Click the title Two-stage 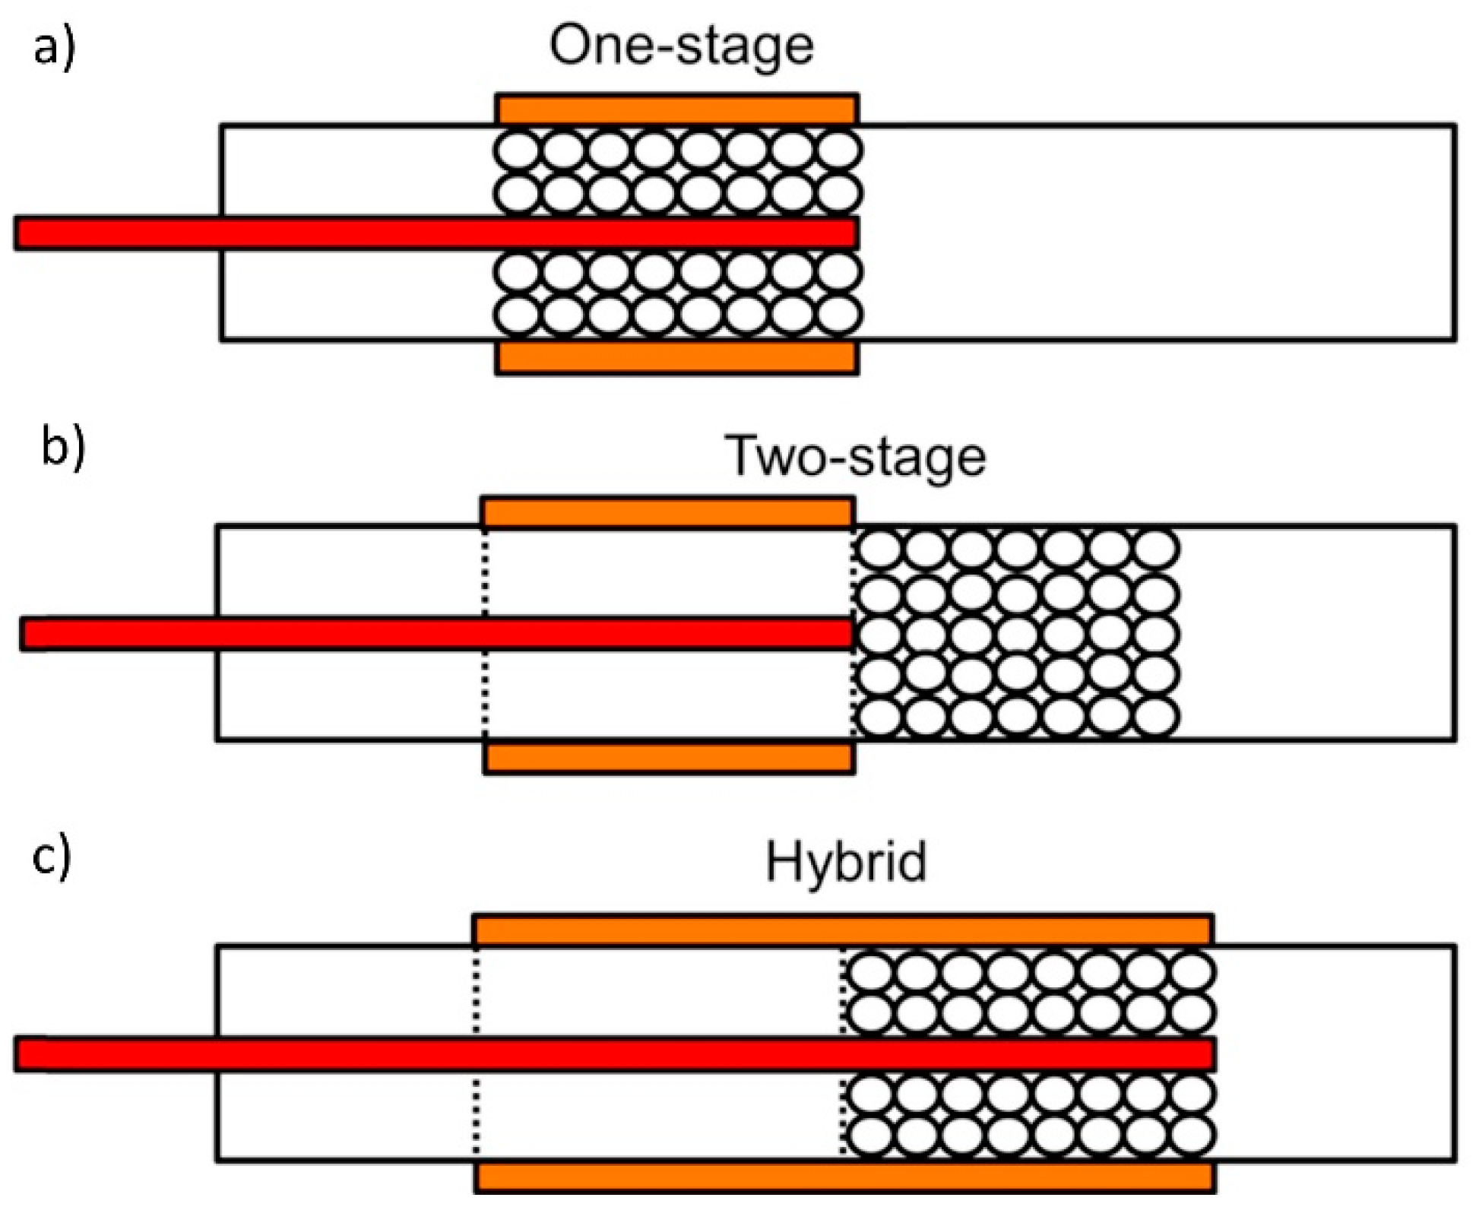click(x=855, y=457)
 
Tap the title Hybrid click(x=845, y=863)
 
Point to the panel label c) click(x=52, y=857)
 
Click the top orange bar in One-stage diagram click(x=676, y=109)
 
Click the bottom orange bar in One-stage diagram click(x=676, y=358)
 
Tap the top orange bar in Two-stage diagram click(x=667, y=513)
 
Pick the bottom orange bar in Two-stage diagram click(x=669, y=759)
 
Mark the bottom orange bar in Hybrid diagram click(x=844, y=1177)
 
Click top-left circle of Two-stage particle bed click(x=879, y=549)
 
